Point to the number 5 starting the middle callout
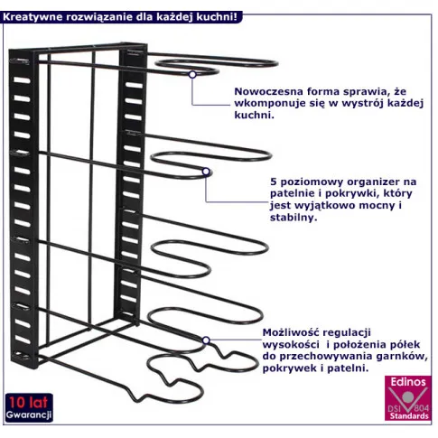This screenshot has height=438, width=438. [273, 182]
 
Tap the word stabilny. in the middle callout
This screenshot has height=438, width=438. [294, 218]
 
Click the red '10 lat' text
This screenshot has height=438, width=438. [28, 403]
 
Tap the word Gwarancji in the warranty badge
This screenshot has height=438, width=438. [29, 415]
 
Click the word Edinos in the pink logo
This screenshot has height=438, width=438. [408, 382]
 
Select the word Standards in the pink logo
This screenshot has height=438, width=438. [409, 416]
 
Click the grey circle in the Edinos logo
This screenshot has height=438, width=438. [408, 396]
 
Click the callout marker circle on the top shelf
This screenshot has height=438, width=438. [192, 74]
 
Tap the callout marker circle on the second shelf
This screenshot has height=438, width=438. [206, 172]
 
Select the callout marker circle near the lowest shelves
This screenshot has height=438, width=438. [206, 340]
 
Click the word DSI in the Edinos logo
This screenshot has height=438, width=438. [395, 408]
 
